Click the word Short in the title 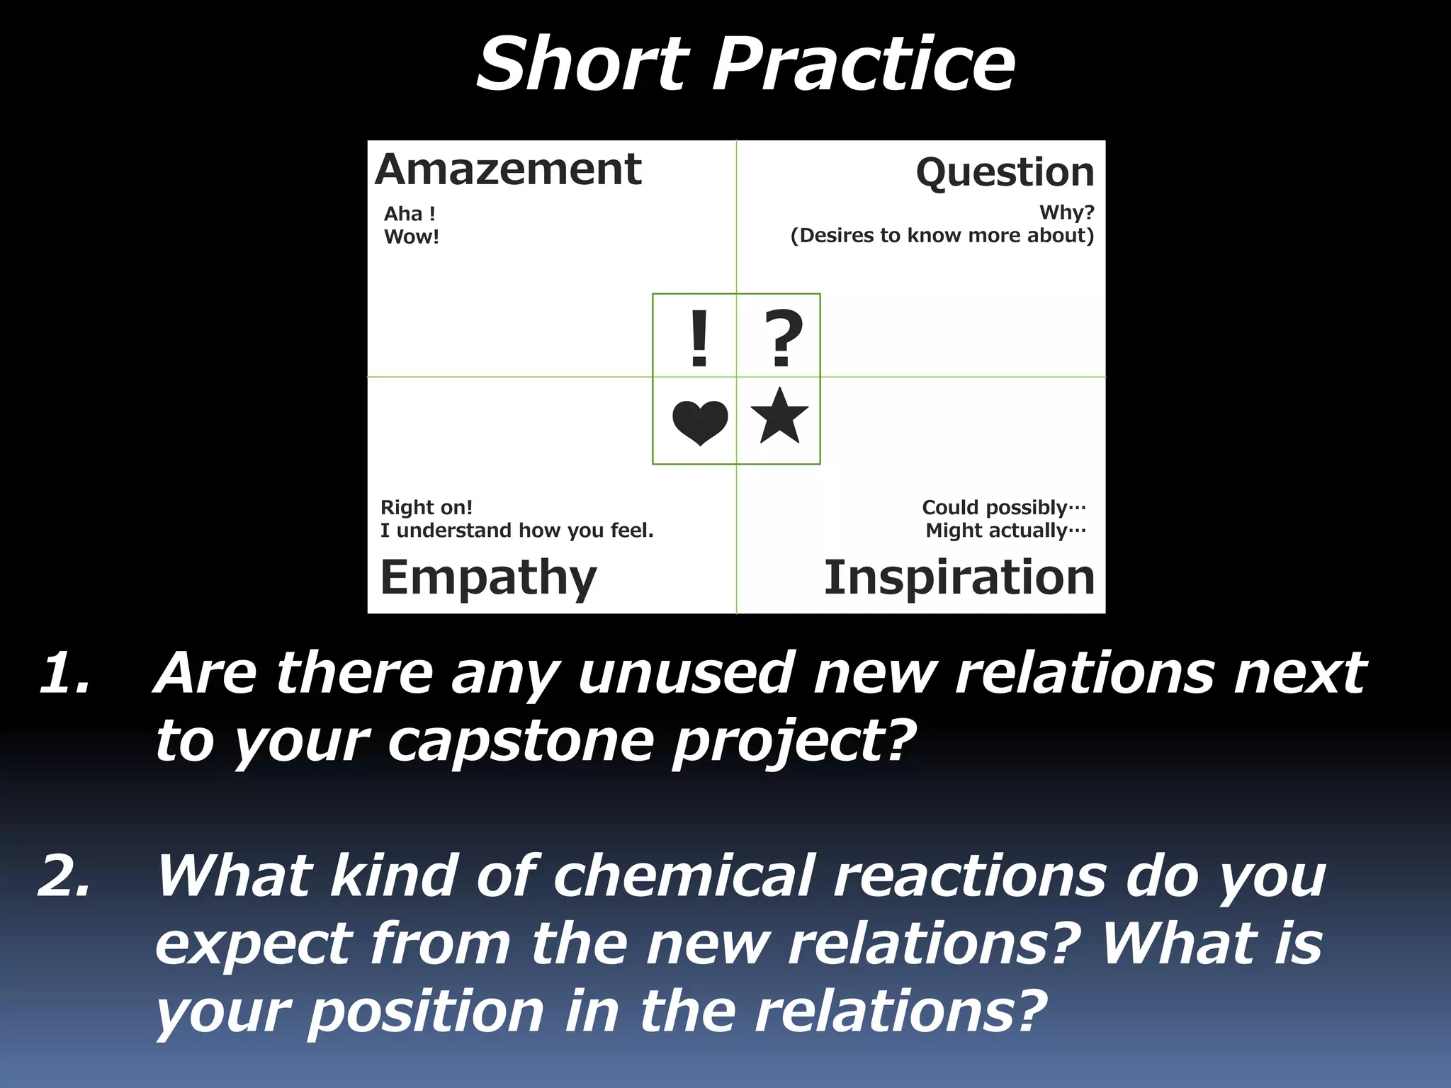582,65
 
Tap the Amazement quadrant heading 508,170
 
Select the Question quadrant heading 1005,173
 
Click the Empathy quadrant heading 488,578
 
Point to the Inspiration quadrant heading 959,577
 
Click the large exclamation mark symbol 699,339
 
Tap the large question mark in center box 783,339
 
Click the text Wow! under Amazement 412,237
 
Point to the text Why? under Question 1066,212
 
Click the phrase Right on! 427,507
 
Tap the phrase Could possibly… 1003,507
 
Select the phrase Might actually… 1005,531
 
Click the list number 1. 65,673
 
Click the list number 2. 65,876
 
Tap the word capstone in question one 520,742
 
